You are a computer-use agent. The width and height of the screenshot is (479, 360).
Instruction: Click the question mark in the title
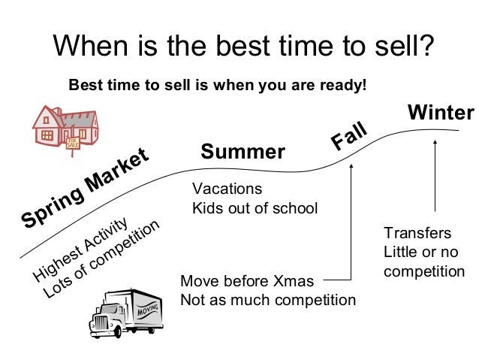pos(424,45)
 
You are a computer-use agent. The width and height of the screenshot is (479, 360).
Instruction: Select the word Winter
pos(441,112)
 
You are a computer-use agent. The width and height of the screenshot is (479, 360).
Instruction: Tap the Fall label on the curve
pos(349,135)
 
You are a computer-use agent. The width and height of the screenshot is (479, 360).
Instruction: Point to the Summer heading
pos(243,151)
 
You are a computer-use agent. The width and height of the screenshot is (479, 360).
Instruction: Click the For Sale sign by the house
pos(73,143)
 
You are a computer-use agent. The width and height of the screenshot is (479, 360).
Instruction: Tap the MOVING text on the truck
pos(148,310)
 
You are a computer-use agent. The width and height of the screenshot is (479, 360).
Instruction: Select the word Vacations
pos(227,189)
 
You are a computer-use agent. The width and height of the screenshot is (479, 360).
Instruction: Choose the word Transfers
pos(417,233)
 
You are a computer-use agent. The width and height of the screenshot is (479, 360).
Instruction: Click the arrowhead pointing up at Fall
pos(351,166)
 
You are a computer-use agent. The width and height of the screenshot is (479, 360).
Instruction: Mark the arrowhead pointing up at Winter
pos(435,141)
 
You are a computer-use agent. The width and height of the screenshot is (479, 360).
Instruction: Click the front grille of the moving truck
pos(100,323)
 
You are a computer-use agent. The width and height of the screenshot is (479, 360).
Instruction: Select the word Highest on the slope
pos(57,264)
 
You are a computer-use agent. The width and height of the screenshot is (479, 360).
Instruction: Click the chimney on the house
pos(57,110)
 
